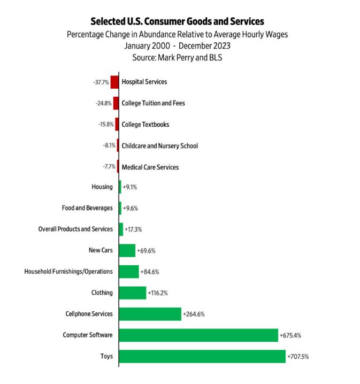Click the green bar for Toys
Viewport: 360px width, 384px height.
pos(202,356)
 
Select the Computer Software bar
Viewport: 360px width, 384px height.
pos(198,335)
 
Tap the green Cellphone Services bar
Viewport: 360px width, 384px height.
pos(150,314)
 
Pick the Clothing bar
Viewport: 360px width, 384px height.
pos(132,293)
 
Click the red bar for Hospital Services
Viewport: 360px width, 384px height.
pos(114,82)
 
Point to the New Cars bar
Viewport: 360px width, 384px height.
pos(127,250)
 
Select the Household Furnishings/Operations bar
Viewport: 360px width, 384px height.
pos(128,272)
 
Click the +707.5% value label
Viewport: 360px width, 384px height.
pos(298,357)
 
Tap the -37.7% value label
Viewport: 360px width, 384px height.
pos(101,82)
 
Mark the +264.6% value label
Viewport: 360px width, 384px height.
pos(194,314)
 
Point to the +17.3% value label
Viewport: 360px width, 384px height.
pos(133,229)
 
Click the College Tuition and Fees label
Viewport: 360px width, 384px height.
pos(153,103)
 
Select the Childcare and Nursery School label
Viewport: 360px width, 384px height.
pos(159,145)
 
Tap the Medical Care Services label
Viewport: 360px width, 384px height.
pos(150,167)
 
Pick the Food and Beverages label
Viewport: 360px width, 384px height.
pos(88,208)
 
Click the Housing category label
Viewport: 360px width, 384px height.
pos(102,187)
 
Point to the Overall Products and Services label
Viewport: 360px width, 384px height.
pos(75,229)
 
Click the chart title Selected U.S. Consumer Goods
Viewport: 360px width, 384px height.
pos(177,21)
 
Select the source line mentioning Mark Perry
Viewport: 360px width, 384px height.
pos(177,57)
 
